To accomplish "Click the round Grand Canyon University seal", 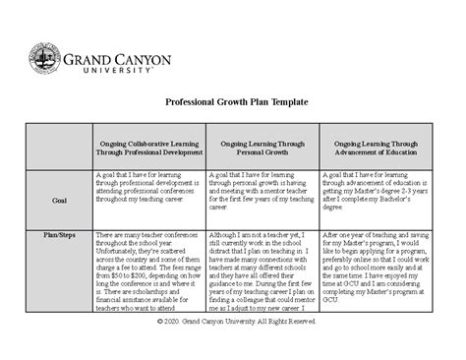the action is point(45,61).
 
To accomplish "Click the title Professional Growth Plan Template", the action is point(233,101).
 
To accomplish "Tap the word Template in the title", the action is point(287,101).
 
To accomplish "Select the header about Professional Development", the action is point(148,149).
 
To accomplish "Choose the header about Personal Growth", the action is point(262,149).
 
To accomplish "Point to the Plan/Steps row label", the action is point(59,236).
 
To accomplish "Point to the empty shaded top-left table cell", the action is point(59,149).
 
